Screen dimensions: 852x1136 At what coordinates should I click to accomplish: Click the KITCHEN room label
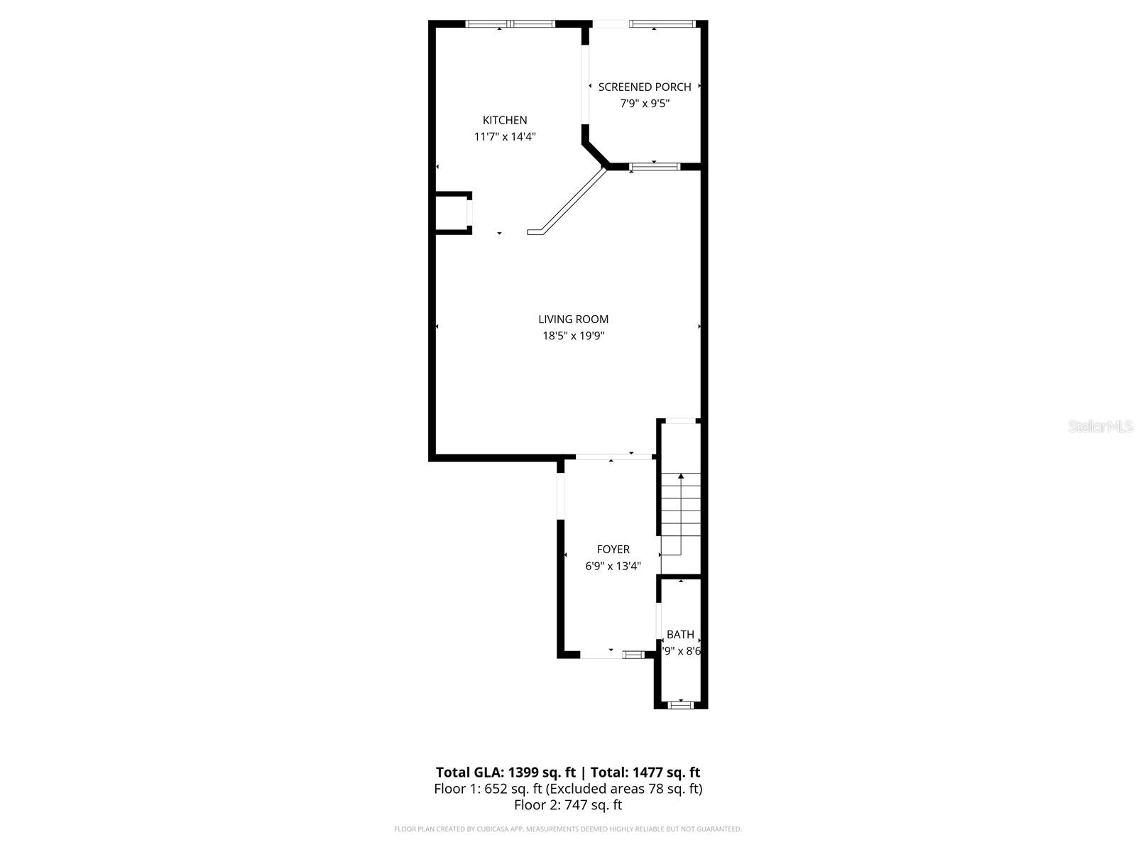click(505, 120)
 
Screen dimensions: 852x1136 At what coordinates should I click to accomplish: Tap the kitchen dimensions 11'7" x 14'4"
click(505, 136)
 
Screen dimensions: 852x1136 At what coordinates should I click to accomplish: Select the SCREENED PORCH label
click(644, 87)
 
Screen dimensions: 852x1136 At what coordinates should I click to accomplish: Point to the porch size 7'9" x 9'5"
click(644, 104)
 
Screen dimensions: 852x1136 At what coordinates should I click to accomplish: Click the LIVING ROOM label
click(573, 319)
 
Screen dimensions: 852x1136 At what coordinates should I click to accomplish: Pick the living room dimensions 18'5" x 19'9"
click(573, 336)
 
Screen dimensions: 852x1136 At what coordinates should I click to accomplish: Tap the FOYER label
click(613, 550)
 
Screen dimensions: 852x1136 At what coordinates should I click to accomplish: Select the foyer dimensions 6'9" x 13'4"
click(613, 566)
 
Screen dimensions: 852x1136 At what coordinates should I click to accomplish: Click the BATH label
click(680, 635)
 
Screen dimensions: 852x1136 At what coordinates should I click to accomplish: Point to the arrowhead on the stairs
click(681, 476)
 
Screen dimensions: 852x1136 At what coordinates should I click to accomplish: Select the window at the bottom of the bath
click(681, 705)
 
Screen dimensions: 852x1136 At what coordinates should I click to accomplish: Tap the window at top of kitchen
click(510, 24)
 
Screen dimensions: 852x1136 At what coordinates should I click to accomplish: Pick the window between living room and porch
click(654, 167)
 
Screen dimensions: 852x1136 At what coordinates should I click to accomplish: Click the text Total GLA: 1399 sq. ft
click(506, 772)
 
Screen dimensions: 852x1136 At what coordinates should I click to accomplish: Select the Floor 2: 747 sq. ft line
click(568, 805)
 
